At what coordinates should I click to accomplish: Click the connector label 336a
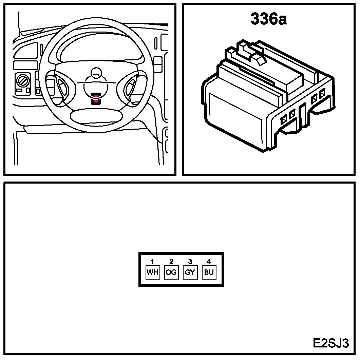(268, 19)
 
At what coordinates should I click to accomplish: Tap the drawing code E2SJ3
(330, 343)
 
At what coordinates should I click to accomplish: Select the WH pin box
(153, 272)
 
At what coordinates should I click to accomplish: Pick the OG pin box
(171, 272)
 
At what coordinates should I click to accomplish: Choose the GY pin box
(190, 272)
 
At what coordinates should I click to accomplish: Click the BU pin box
(209, 272)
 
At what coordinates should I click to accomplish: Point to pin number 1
(153, 262)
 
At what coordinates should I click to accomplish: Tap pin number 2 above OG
(171, 262)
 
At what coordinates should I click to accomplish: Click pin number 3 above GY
(190, 262)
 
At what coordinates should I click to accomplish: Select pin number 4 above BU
(209, 262)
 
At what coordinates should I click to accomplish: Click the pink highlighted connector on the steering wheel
(97, 99)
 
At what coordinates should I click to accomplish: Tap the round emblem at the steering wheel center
(97, 72)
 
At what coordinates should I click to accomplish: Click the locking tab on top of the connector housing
(259, 59)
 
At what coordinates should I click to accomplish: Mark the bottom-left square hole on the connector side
(284, 118)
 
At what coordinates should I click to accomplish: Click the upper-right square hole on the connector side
(322, 92)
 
